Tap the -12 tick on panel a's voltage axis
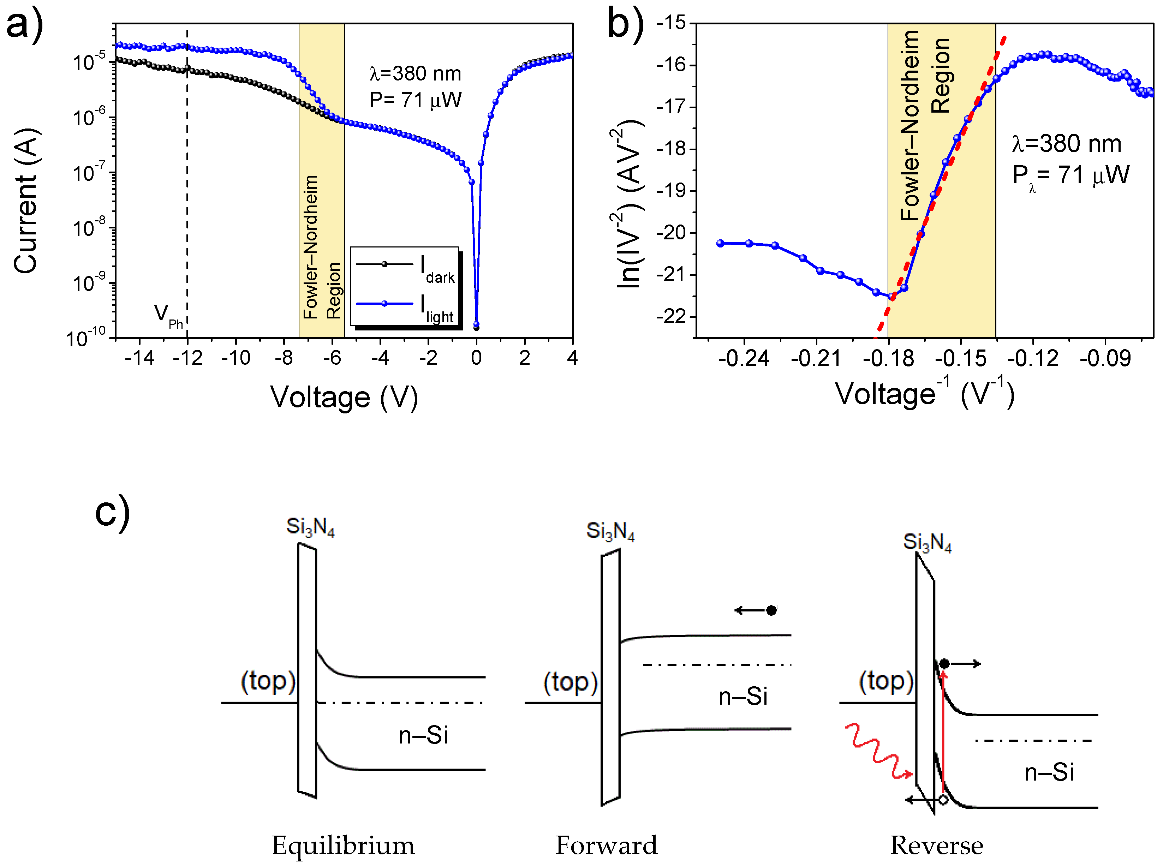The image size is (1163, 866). click(187, 358)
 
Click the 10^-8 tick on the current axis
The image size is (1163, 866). click(89, 228)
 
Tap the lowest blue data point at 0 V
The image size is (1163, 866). click(476, 324)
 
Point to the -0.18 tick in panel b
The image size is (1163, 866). click(888, 359)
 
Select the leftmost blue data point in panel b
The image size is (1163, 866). click(720, 243)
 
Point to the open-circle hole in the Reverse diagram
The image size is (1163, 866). click(943, 799)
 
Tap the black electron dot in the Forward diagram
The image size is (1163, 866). click(771, 610)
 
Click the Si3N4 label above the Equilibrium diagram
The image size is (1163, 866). click(310, 526)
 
